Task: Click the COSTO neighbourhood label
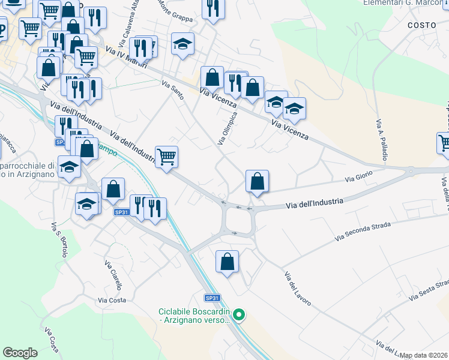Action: coord(421,25)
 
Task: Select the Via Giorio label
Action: coord(359,176)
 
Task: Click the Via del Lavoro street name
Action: coord(297,289)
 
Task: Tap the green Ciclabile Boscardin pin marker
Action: coord(239,314)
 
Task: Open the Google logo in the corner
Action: coord(20,353)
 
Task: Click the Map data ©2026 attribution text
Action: coord(424,355)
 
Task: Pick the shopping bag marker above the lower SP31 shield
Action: coord(227,262)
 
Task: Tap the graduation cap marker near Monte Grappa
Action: coord(182,44)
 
